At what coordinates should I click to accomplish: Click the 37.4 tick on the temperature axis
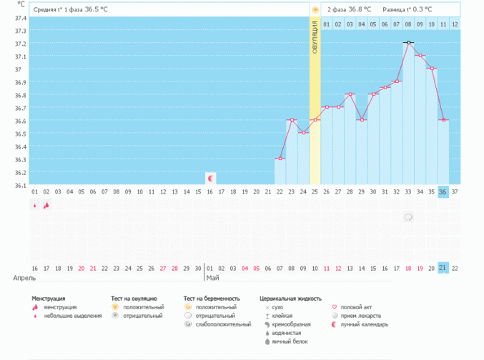pos(21,18)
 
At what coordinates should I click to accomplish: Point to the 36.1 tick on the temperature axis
pos(21,185)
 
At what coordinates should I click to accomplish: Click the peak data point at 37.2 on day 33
pos(408,43)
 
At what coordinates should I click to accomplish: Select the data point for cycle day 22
pos(280,159)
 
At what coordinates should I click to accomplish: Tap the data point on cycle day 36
pos(443,120)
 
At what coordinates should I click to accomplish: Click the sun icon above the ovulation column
pos(315,10)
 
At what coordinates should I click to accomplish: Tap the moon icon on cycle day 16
pos(210,177)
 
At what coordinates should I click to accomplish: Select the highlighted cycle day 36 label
pos(443,191)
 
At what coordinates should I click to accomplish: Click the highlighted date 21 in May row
pos(443,267)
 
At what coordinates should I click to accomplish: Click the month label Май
pos(212,277)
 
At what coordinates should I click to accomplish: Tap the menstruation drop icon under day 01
pos(34,205)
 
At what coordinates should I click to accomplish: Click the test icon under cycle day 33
pos(408,217)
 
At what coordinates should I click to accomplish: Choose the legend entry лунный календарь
pos(365,324)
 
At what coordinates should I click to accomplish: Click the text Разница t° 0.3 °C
pos(410,10)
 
